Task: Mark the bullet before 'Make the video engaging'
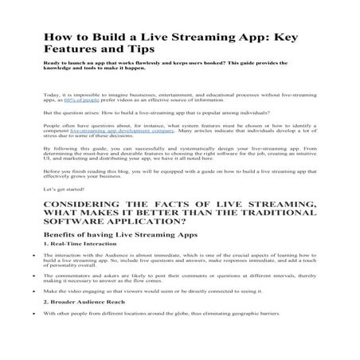point(29,315)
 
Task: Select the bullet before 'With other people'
point(29,336)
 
